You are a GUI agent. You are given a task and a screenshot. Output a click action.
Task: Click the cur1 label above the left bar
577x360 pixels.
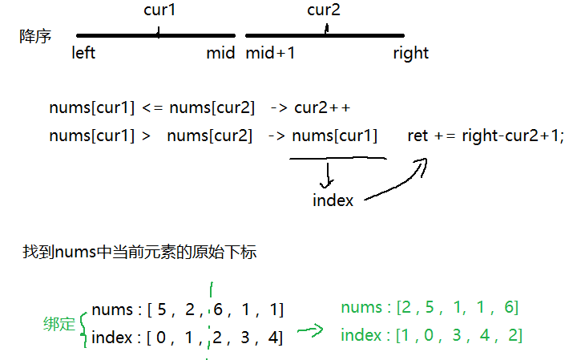pyautogui.click(x=160, y=11)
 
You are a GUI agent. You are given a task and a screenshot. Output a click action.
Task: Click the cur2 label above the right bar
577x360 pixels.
pyautogui.click(x=325, y=10)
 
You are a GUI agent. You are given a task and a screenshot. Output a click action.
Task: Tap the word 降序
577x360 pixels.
pyautogui.click(x=35, y=37)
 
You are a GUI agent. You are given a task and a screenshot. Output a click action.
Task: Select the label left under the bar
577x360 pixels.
pyautogui.click(x=84, y=54)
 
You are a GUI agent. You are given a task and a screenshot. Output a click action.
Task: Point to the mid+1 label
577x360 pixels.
pyautogui.click(x=270, y=54)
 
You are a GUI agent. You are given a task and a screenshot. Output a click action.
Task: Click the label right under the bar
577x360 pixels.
pyautogui.click(x=410, y=54)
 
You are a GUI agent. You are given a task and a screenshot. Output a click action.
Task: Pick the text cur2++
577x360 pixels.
pyautogui.click(x=322, y=107)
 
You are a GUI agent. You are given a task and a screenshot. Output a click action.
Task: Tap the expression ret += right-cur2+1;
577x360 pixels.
pyautogui.click(x=486, y=136)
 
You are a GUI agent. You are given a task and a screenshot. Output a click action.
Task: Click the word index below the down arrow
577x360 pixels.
pyautogui.click(x=333, y=200)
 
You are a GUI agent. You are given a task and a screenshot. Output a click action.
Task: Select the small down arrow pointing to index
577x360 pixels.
pyautogui.click(x=328, y=175)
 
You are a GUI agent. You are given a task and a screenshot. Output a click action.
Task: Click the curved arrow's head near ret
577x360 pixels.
pyautogui.click(x=421, y=164)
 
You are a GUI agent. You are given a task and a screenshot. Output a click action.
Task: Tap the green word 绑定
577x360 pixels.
pyautogui.click(x=59, y=325)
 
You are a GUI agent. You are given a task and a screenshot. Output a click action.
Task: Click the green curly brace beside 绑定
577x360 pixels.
pyautogui.click(x=83, y=324)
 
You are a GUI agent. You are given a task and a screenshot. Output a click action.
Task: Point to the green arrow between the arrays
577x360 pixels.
pyautogui.click(x=309, y=331)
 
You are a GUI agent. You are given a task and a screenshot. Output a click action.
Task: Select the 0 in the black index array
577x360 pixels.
pyautogui.click(x=162, y=338)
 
